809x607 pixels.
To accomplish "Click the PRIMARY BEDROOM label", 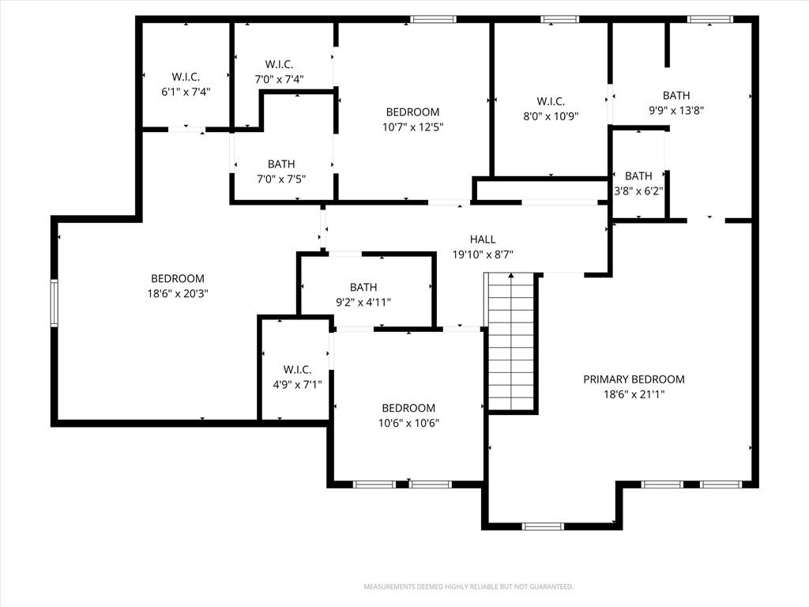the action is [x=634, y=379].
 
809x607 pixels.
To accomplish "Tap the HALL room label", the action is [x=483, y=239].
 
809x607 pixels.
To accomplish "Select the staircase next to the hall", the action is [x=511, y=341].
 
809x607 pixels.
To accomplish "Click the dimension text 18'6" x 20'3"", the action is [x=178, y=294].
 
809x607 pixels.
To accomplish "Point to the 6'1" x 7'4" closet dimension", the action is [x=186, y=92].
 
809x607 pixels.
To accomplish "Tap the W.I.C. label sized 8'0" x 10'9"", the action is [x=551, y=101].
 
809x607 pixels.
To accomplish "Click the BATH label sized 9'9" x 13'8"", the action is [x=676, y=96].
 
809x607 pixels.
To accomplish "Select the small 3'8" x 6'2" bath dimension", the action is [x=638, y=191].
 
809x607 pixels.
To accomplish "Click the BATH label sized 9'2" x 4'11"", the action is [x=363, y=287].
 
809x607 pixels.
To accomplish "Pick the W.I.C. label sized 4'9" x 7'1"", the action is [x=297, y=370].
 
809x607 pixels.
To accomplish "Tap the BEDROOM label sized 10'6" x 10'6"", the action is [x=408, y=408].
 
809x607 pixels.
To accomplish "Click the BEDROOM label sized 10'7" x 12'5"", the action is [x=412, y=112].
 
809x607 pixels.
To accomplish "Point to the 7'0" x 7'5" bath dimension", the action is [x=281, y=179].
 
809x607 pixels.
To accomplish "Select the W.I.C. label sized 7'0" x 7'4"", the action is [x=279, y=64].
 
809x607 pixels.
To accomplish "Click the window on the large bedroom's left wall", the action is [x=55, y=303].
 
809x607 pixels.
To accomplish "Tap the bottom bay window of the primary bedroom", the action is [x=543, y=526].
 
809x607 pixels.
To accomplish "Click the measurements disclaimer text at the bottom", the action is [x=468, y=587].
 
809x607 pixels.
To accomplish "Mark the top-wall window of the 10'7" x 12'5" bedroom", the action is [x=434, y=20].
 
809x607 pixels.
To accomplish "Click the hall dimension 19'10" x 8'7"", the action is [x=483, y=254].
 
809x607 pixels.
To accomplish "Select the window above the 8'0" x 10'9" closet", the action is [x=560, y=20].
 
